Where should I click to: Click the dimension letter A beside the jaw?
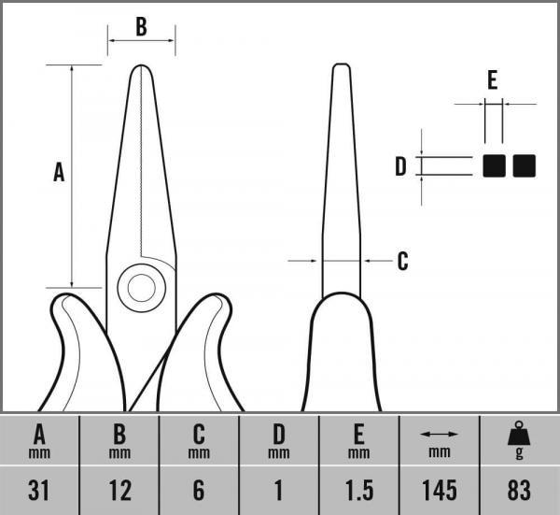tap(59, 172)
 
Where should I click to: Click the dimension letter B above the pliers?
tap(141, 26)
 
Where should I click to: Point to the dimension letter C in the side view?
tap(402, 261)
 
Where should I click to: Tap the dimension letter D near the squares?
tap(400, 166)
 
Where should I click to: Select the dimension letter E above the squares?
tap(492, 80)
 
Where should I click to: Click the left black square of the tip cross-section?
tap(494, 165)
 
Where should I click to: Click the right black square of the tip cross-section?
tap(525, 165)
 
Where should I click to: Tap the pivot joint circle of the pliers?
tap(141, 287)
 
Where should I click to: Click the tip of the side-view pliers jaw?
tap(342, 67)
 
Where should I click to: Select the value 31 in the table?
tap(40, 489)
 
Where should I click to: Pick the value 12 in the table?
tap(119, 489)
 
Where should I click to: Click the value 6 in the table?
tap(199, 489)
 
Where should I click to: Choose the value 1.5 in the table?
tap(358, 489)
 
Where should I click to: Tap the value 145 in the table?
tap(439, 489)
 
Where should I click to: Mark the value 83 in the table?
tap(519, 489)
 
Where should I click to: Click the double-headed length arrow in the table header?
tap(439, 435)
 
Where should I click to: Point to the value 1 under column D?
tap(278, 489)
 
